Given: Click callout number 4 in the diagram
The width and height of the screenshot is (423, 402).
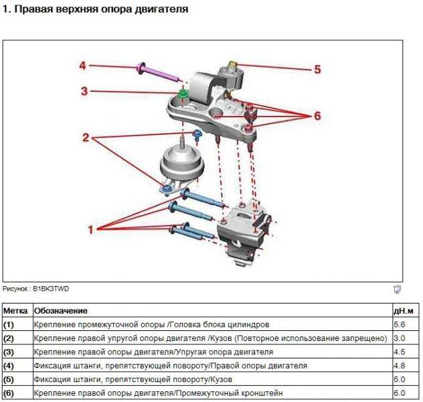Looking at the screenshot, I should click(83, 66).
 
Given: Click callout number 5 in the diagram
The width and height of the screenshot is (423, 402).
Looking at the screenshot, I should click(317, 68).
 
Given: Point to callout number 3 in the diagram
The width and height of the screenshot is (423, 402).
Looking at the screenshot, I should click(85, 90).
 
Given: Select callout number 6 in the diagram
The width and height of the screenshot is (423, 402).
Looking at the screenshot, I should click(317, 115).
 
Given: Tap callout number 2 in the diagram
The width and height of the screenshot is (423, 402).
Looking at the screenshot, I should click(85, 138).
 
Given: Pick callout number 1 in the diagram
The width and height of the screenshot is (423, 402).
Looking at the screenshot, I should click(91, 228).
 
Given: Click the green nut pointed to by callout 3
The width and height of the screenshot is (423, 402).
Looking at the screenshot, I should click(182, 90).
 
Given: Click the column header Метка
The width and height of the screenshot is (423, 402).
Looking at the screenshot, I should click(15, 311).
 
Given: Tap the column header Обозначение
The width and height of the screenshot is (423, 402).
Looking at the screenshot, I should click(61, 311).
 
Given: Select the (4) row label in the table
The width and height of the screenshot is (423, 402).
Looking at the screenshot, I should click(9, 366).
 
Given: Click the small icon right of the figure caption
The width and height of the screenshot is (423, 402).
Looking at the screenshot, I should click(396, 289).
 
